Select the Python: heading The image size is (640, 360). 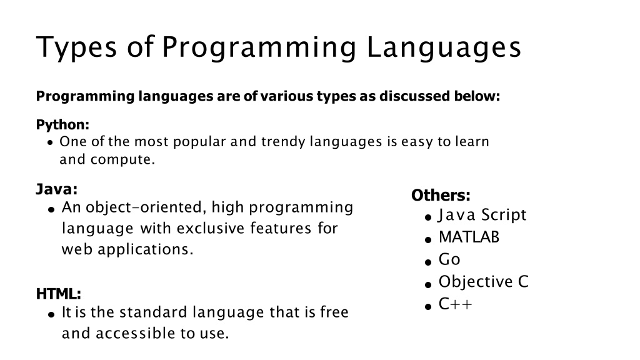click(x=62, y=125)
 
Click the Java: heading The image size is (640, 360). click(x=57, y=189)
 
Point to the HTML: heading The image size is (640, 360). click(x=59, y=294)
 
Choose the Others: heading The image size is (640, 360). click(x=441, y=195)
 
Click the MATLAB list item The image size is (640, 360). click(x=469, y=237)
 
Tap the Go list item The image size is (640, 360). click(x=449, y=259)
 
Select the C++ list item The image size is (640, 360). click(x=455, y=304)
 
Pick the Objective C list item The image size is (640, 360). click(x=484, y=282)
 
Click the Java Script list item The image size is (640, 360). click(x=482, y=215)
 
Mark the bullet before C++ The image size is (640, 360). click(x=428, y=306)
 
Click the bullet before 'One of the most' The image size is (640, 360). click(x=50, y=143)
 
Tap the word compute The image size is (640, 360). click(x=123, y=160)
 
